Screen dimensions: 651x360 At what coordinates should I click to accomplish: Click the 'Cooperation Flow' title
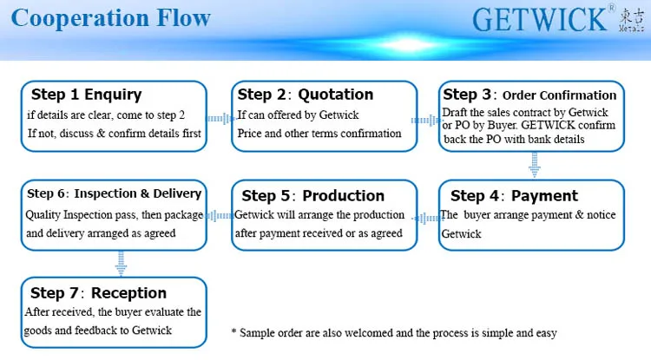111,19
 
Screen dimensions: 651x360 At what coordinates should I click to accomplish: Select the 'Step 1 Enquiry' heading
86,95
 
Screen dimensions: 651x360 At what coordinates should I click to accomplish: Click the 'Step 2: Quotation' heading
306,95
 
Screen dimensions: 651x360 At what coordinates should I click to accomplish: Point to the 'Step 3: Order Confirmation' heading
529,95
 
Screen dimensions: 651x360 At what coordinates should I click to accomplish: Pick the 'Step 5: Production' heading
306,195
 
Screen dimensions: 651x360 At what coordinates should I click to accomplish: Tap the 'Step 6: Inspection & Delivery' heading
114,193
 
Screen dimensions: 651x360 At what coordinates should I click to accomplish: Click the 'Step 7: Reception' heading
98,292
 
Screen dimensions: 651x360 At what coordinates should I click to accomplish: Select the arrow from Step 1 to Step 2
220,118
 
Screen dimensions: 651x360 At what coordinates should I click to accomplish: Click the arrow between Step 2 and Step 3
427,118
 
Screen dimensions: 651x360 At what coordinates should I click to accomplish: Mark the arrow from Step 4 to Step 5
427,216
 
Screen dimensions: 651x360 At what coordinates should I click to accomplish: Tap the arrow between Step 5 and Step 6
220,216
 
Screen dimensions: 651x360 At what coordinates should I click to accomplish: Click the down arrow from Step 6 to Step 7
121,263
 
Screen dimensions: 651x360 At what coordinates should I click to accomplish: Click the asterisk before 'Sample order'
234,332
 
